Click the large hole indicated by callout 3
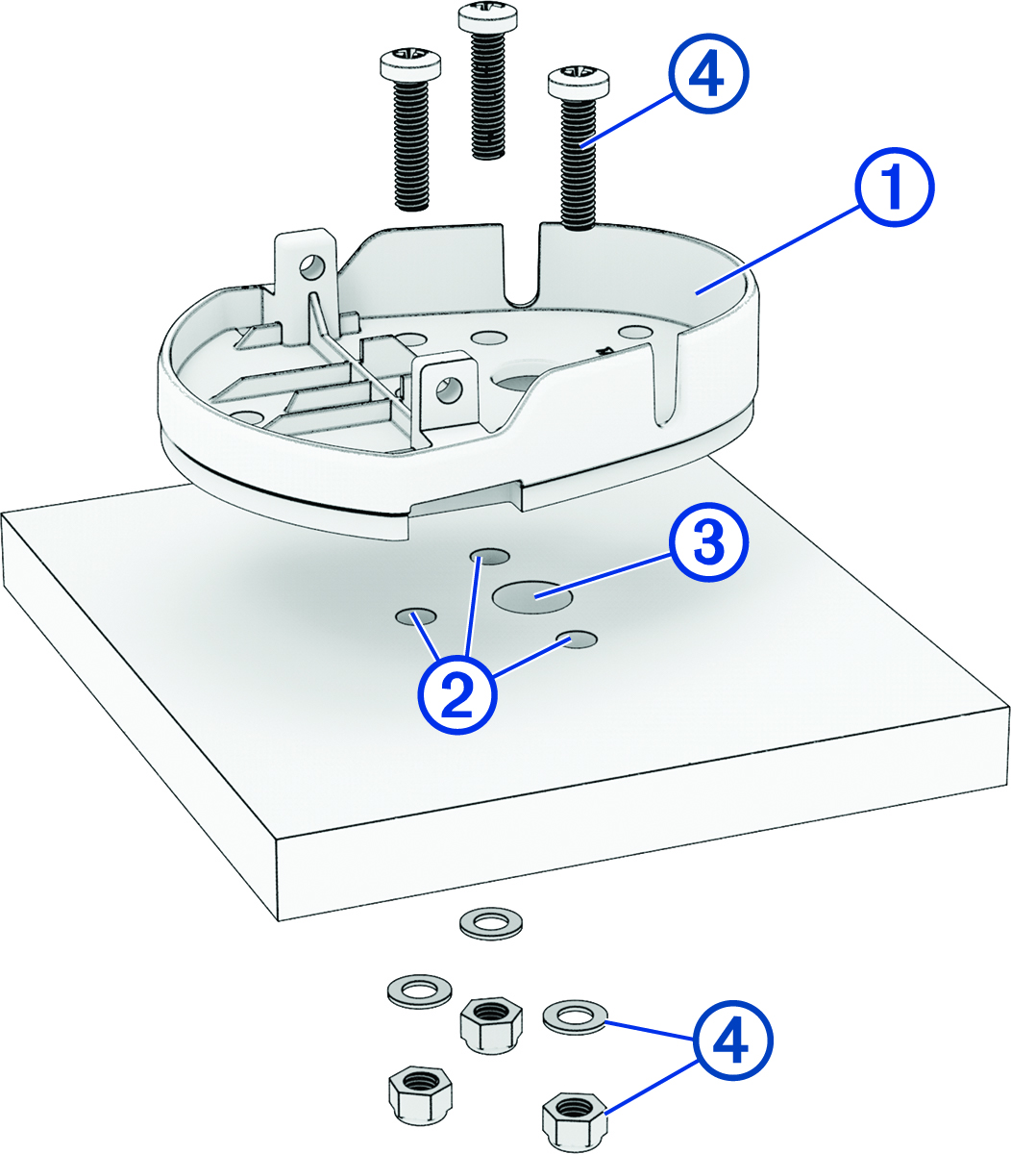pyautogui.click(x=532, y=597)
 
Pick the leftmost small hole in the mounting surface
pyautogui.click(x=416, y=615)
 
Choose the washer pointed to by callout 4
pyautogui.click(x=574, y=1016)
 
